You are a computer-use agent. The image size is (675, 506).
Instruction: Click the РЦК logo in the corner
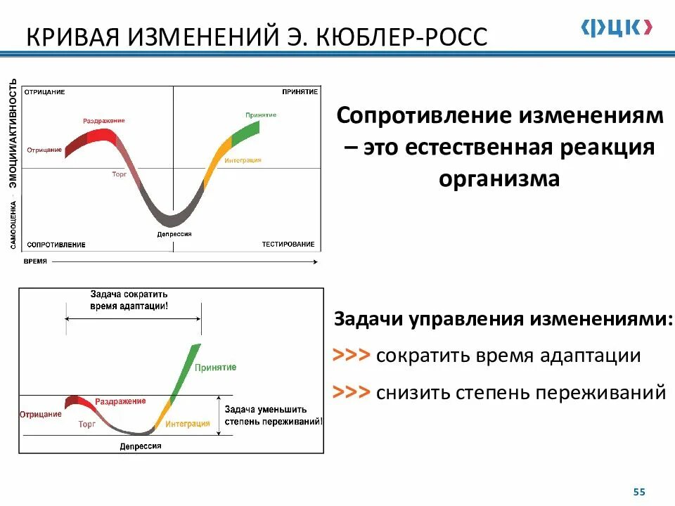617,27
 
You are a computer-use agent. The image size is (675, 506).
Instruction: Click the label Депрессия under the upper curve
174,234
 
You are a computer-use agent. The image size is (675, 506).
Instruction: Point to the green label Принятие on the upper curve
261,115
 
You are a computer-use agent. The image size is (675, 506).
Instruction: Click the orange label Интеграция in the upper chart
243,160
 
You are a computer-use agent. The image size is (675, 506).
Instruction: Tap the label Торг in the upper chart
119,173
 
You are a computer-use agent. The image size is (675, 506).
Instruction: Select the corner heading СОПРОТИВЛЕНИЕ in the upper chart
56,245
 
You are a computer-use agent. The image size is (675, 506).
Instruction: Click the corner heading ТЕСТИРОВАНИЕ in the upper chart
288,244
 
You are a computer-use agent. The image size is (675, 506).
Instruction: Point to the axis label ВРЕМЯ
35,261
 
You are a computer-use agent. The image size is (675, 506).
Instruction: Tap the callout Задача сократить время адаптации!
129,301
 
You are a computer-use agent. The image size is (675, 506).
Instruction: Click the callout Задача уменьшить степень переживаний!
274,415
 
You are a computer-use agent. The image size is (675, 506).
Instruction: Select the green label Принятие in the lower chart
216,368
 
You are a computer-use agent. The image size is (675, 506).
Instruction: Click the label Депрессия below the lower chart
140,446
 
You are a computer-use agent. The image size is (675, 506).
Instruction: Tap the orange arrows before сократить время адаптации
351,356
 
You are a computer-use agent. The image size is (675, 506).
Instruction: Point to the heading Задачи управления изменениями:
503,319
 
